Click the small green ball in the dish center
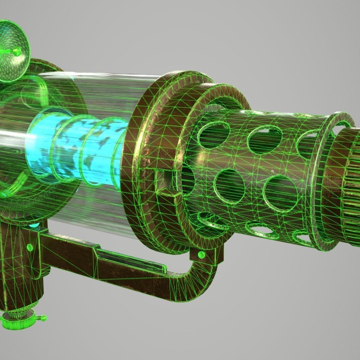tap(16, 52)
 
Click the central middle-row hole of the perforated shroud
tap(230, 186)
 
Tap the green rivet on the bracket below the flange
tap(201, 254)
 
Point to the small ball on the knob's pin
tap(44, 318)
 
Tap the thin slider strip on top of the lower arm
tap(134, 258)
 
